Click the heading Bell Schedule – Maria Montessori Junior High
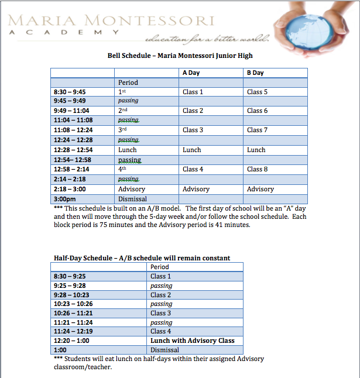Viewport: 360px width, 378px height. pyautogui.click(x=180, y=56)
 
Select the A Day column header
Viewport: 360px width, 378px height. pyautogui.click(x=190, y=73)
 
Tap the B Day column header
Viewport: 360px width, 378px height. pyautogui.click(x=255, y=73)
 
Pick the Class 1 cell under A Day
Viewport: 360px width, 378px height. pyautogui.click(x=193, y=92)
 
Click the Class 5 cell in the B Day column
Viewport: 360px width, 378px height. pyautogui.click(x=258, y=92)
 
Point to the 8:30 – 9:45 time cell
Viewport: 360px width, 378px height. pyautogui.click(x=70, y=92)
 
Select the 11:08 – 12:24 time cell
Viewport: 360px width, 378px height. pyautogui.click(x=73, y=130)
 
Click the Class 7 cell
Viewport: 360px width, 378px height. pyautogui.click(x=258, y=130)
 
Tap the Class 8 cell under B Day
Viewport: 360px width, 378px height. pyautogui.click(x=258, y=169)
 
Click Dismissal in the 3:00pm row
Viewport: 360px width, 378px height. pyautogui.click(x=133, y=199)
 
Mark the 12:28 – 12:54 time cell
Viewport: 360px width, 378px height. pyautogui.click(x=73, y=150)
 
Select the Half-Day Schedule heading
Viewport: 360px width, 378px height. pyautogui.click(x=142, y=258)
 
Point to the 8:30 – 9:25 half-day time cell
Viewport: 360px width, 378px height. pyautogui.click(x=70, y=276)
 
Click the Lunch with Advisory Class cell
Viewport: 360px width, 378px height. pyautogui.click(x=192, y=341)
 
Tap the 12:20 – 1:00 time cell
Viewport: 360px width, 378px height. pyautogui.click(x=71, y=341)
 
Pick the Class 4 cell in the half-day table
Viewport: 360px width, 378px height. pyautogui.click(x=161, y=331)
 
